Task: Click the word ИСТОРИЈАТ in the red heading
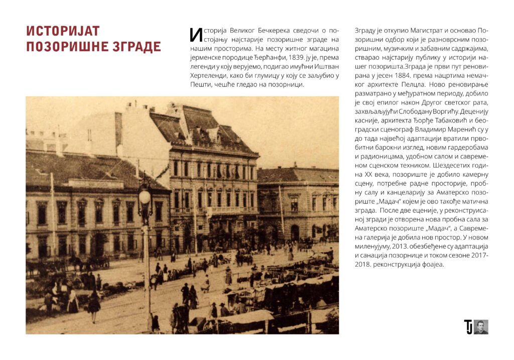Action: pos(63,31)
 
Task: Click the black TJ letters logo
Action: pos(468,327)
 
